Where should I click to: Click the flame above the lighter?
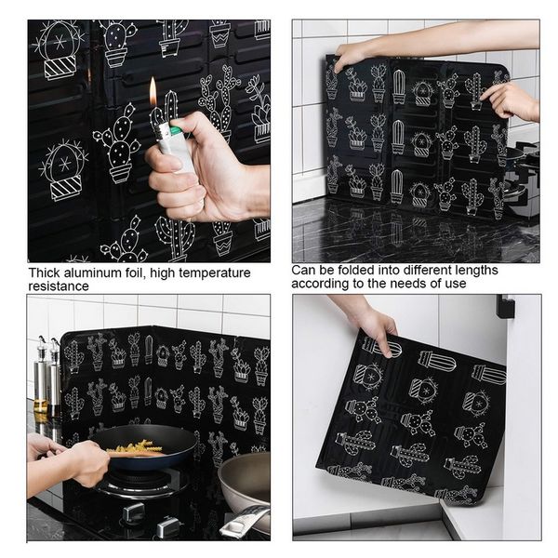[x=153, y=93]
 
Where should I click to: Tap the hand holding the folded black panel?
[x=373, y=323]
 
